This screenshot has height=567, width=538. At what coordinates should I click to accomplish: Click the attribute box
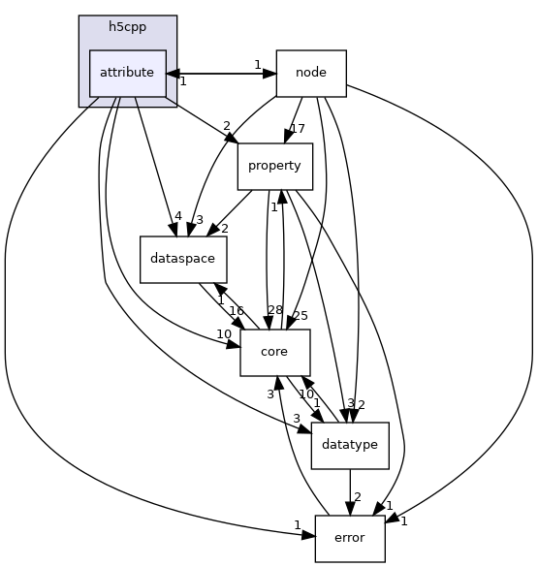(x=127, y=73)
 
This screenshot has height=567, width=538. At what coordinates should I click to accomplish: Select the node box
(x=311, y=73)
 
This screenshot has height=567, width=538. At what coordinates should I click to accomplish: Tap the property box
(x=275, y=166)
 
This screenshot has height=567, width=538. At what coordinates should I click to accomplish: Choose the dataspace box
(x=183, y=259)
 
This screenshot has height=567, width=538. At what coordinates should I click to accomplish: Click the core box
(x=274, y=352)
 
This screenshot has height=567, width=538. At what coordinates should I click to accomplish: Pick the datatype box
(x=349, y=445)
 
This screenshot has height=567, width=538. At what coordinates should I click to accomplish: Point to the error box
(x=349, y=538)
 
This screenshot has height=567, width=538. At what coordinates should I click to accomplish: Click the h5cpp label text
(x=127, y=27)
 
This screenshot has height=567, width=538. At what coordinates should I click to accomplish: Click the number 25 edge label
(x=301, y=316)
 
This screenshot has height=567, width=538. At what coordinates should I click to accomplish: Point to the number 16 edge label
(x=236, y=311)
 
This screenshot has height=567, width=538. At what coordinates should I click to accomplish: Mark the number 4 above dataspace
(x=177, y=216)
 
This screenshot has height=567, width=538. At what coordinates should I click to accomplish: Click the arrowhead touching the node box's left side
(x=270, y=73)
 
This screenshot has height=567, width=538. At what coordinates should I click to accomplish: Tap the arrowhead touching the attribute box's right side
(x=172, y=73)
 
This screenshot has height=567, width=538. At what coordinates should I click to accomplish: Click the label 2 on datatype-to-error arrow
(x=357, y=497)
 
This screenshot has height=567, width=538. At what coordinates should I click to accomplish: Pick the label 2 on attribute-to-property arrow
(x=227, y=126)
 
